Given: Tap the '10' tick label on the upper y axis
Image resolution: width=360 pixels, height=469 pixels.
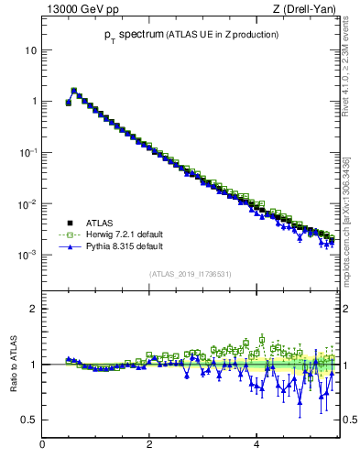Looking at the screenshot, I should click(30, 50).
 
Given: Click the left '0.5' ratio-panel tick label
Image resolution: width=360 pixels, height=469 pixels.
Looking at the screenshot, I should click(28, 420).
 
